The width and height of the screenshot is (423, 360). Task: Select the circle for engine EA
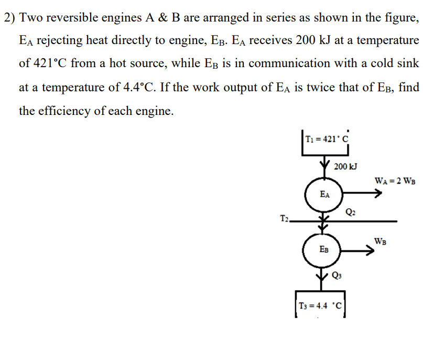[324, 194]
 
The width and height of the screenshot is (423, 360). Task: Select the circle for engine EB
[324, 250]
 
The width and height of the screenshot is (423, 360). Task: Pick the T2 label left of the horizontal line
[284, 218]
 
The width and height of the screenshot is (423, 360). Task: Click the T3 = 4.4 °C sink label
[320, 306]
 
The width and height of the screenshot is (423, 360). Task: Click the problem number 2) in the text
[9, 17]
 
